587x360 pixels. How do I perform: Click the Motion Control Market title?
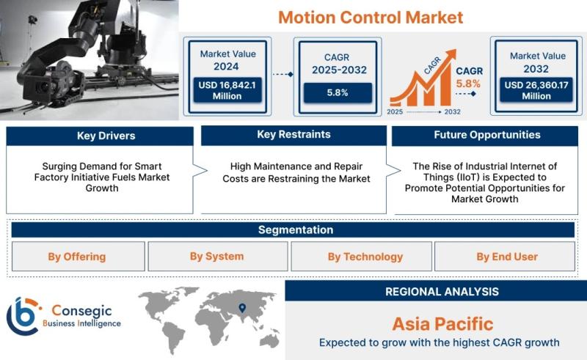[371, 18]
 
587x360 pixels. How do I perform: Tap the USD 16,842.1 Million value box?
[227, 90]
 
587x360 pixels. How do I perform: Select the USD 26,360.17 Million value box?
[536, 90]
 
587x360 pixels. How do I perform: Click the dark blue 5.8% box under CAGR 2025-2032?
[338, 93]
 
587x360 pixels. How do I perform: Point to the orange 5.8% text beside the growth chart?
[468, 84]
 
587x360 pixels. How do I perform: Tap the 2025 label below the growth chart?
[395, 112]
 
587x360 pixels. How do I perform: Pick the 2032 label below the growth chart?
[452, 112]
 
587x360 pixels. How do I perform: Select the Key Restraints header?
[294, 135]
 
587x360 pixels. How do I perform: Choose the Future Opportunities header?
[485, 136]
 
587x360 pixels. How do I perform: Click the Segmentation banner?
[293, 229]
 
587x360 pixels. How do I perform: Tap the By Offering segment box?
[79, 257]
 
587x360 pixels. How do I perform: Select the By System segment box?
[218, 257]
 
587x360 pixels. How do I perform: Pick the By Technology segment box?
[361, 257]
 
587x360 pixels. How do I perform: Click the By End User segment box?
[505, 257]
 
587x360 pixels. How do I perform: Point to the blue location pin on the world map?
[243, 308]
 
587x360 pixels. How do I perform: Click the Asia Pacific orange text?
[443, 324]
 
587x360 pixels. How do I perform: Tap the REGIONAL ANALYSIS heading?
[442, 292]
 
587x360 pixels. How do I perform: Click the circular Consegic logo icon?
[23, 316]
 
